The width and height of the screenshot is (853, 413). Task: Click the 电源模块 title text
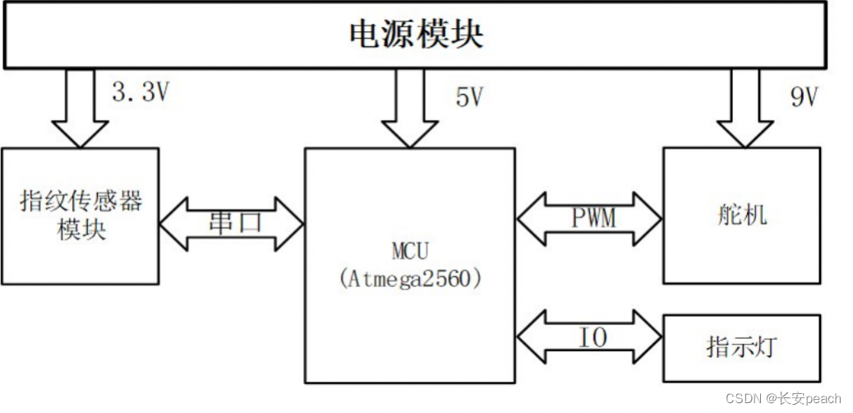tap(416, 34)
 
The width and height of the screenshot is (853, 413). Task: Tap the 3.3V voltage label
tap(140, 92)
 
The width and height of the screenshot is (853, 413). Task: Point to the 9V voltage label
tap(804, 97)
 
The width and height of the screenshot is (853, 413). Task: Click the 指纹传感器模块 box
tap(80, 216)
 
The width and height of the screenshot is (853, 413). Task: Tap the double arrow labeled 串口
tap(231, 223)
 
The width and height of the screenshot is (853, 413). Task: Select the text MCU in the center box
tap(410, 248)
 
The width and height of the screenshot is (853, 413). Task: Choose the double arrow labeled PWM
tap(589, 219)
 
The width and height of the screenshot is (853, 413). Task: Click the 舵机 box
tap(741, 216)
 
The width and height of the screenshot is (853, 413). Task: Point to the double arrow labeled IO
tap(589, 336)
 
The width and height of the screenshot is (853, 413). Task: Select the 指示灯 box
tap(741, 347)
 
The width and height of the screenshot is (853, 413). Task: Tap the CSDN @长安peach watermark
tap(783, 398)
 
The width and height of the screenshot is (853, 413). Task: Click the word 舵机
tap(741, 216)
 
